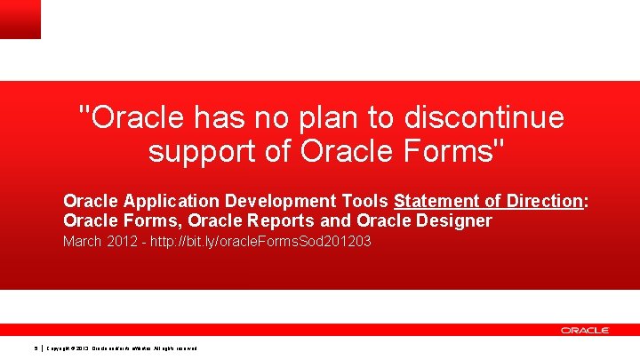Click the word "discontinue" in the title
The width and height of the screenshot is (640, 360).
[483, 116]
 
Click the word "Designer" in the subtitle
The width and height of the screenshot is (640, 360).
[452, 220]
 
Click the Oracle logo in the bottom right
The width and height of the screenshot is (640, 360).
[584, 330]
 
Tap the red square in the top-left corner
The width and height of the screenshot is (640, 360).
[20, 19]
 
